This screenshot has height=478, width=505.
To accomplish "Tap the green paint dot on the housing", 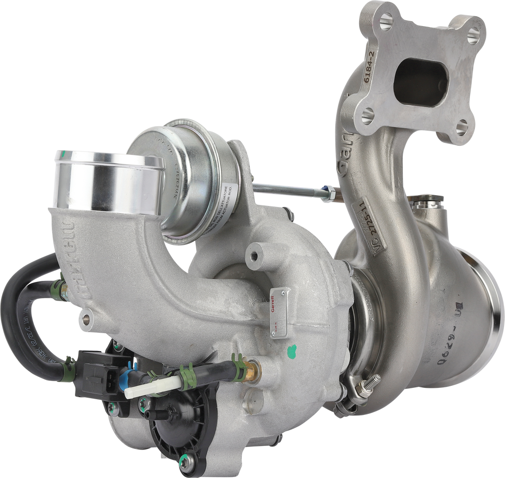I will coord(292,350).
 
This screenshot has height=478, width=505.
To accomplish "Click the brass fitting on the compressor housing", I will coord(252,367).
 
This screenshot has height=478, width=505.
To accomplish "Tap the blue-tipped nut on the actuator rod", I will coord(325,189).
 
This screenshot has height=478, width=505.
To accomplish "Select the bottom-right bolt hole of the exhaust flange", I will coord(462,128).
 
